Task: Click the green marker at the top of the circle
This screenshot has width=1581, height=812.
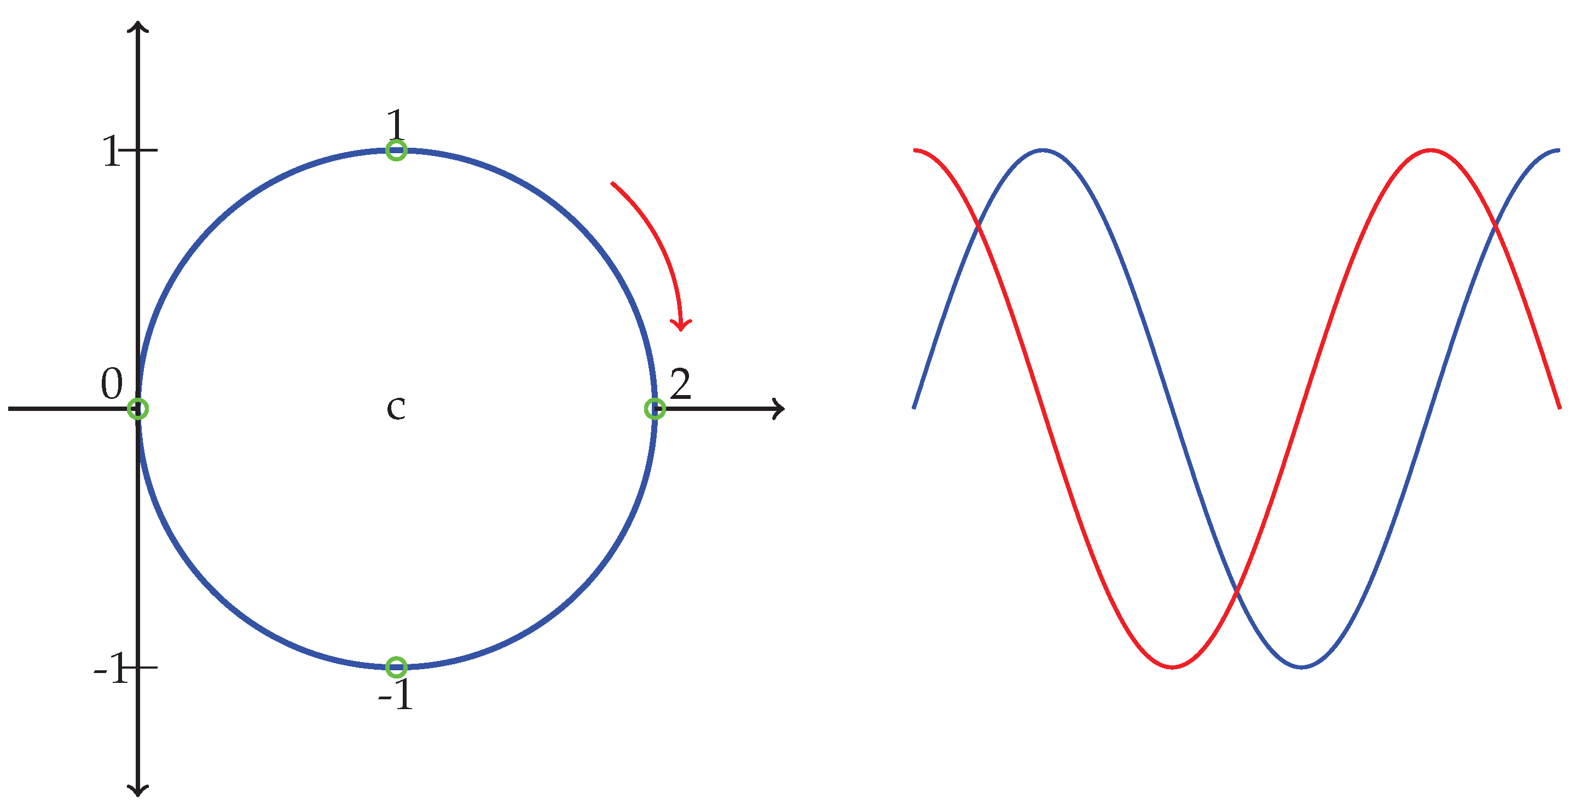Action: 396,150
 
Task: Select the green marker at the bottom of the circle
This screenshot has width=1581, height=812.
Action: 396,666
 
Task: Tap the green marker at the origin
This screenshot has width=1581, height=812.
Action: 138,409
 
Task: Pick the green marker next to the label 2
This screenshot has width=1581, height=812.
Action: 655,409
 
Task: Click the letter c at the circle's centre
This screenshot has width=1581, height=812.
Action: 396,408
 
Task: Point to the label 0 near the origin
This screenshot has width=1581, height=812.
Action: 112,384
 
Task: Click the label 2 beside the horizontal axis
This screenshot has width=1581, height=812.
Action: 681,384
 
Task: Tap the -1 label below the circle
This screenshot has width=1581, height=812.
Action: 396,695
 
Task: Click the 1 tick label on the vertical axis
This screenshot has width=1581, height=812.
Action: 111,151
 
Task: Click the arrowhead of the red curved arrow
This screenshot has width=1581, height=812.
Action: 680,325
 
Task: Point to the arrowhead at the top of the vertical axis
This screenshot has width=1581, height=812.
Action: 138,26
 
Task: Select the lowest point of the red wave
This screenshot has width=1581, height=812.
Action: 1172,666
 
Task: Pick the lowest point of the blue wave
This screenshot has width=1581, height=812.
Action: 1302,666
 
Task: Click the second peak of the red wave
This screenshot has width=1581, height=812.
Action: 1431,150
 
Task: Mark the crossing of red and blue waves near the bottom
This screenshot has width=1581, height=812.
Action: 1237,591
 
